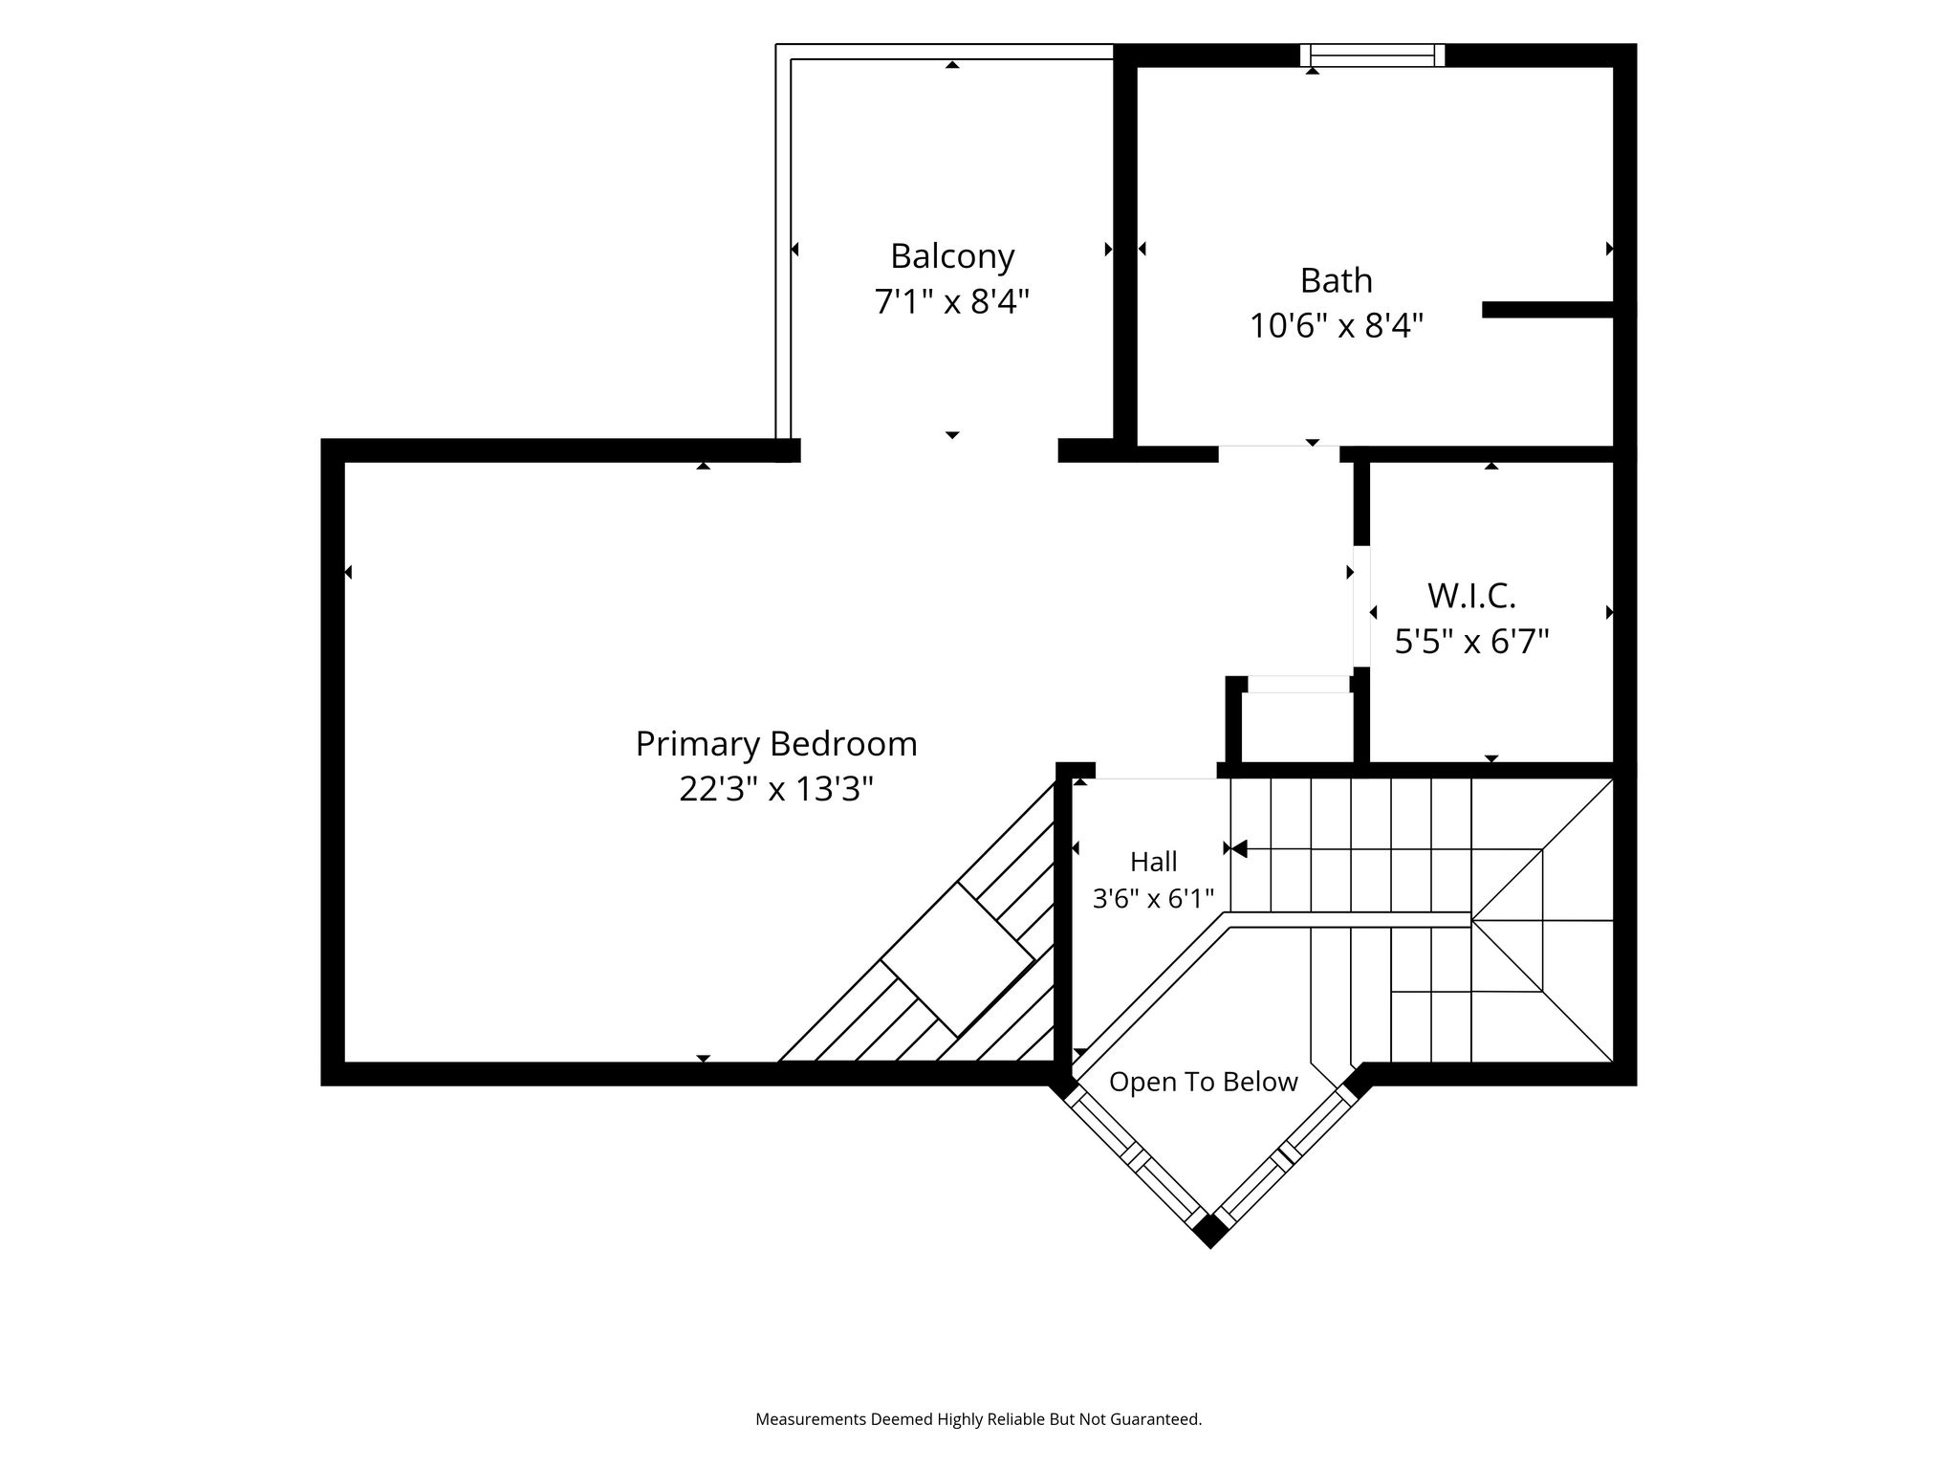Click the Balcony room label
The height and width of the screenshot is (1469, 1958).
[x=952, y=256]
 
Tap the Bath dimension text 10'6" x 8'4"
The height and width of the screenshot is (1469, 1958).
[x=1337, y=326]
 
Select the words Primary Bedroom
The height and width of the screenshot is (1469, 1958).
[x=776, y=744]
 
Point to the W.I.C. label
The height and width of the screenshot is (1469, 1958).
[x=1472, y=596]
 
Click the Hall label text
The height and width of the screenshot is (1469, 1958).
[x=1154, y=862]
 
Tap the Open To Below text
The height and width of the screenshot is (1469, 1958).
[x=1204, y=1082]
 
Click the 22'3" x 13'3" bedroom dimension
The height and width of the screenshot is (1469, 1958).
[x=776, y=789]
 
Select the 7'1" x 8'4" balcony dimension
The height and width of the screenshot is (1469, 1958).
[x=952, y=302]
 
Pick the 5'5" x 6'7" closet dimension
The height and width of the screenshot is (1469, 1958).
[x=1472, y=641]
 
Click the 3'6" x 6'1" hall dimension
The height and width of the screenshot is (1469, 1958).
[x=1154, y=899]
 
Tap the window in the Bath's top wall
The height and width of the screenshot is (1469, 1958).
[x=1372, y=55]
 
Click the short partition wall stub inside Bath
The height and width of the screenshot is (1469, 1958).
[x=1549, y=309]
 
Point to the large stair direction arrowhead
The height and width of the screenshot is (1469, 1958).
[x=1239, y=848]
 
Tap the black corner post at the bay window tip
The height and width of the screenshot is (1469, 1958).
[x=1210, y=1230]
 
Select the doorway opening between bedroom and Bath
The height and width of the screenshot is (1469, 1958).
[x=1279, y=453]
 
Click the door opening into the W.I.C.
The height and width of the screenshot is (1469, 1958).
[x=1361, y=606]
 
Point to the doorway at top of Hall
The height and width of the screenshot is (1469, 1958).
[x=1156, y=771]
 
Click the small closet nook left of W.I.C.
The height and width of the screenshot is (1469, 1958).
[x=1297, y=726]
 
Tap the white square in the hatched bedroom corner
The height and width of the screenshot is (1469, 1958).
[x=958, y=959]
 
